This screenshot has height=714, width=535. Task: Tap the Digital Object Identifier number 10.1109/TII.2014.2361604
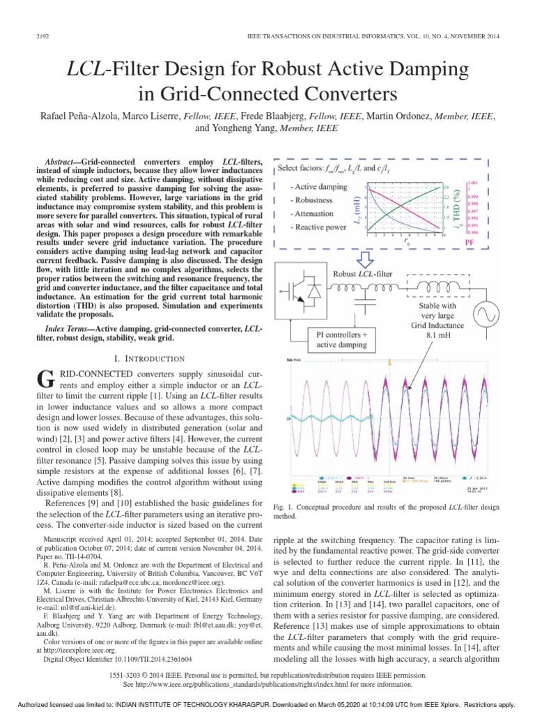(x=150, y=658)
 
